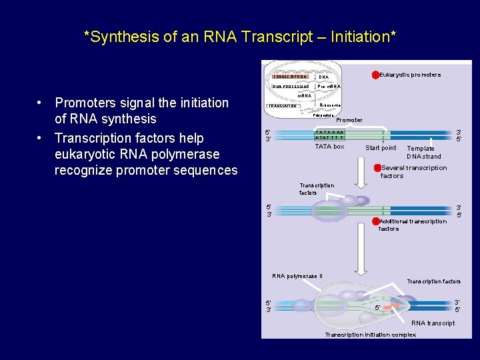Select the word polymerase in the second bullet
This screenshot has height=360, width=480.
187,154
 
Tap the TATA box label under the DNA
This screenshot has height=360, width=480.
329,147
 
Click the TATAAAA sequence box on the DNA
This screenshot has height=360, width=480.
329,135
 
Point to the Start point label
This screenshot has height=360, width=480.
381,148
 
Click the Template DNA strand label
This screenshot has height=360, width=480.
424,153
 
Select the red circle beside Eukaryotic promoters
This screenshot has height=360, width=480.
375,75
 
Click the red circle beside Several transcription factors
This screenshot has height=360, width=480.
377,168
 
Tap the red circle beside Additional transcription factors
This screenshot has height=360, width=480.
376,221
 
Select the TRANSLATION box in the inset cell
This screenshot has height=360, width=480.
283,106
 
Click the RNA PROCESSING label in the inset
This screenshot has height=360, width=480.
291,87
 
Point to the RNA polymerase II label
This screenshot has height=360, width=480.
297,276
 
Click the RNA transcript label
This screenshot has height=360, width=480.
433,323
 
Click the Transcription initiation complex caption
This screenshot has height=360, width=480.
370,335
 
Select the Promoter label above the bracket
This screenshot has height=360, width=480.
349,120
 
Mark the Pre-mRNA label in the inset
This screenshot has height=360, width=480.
329,87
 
